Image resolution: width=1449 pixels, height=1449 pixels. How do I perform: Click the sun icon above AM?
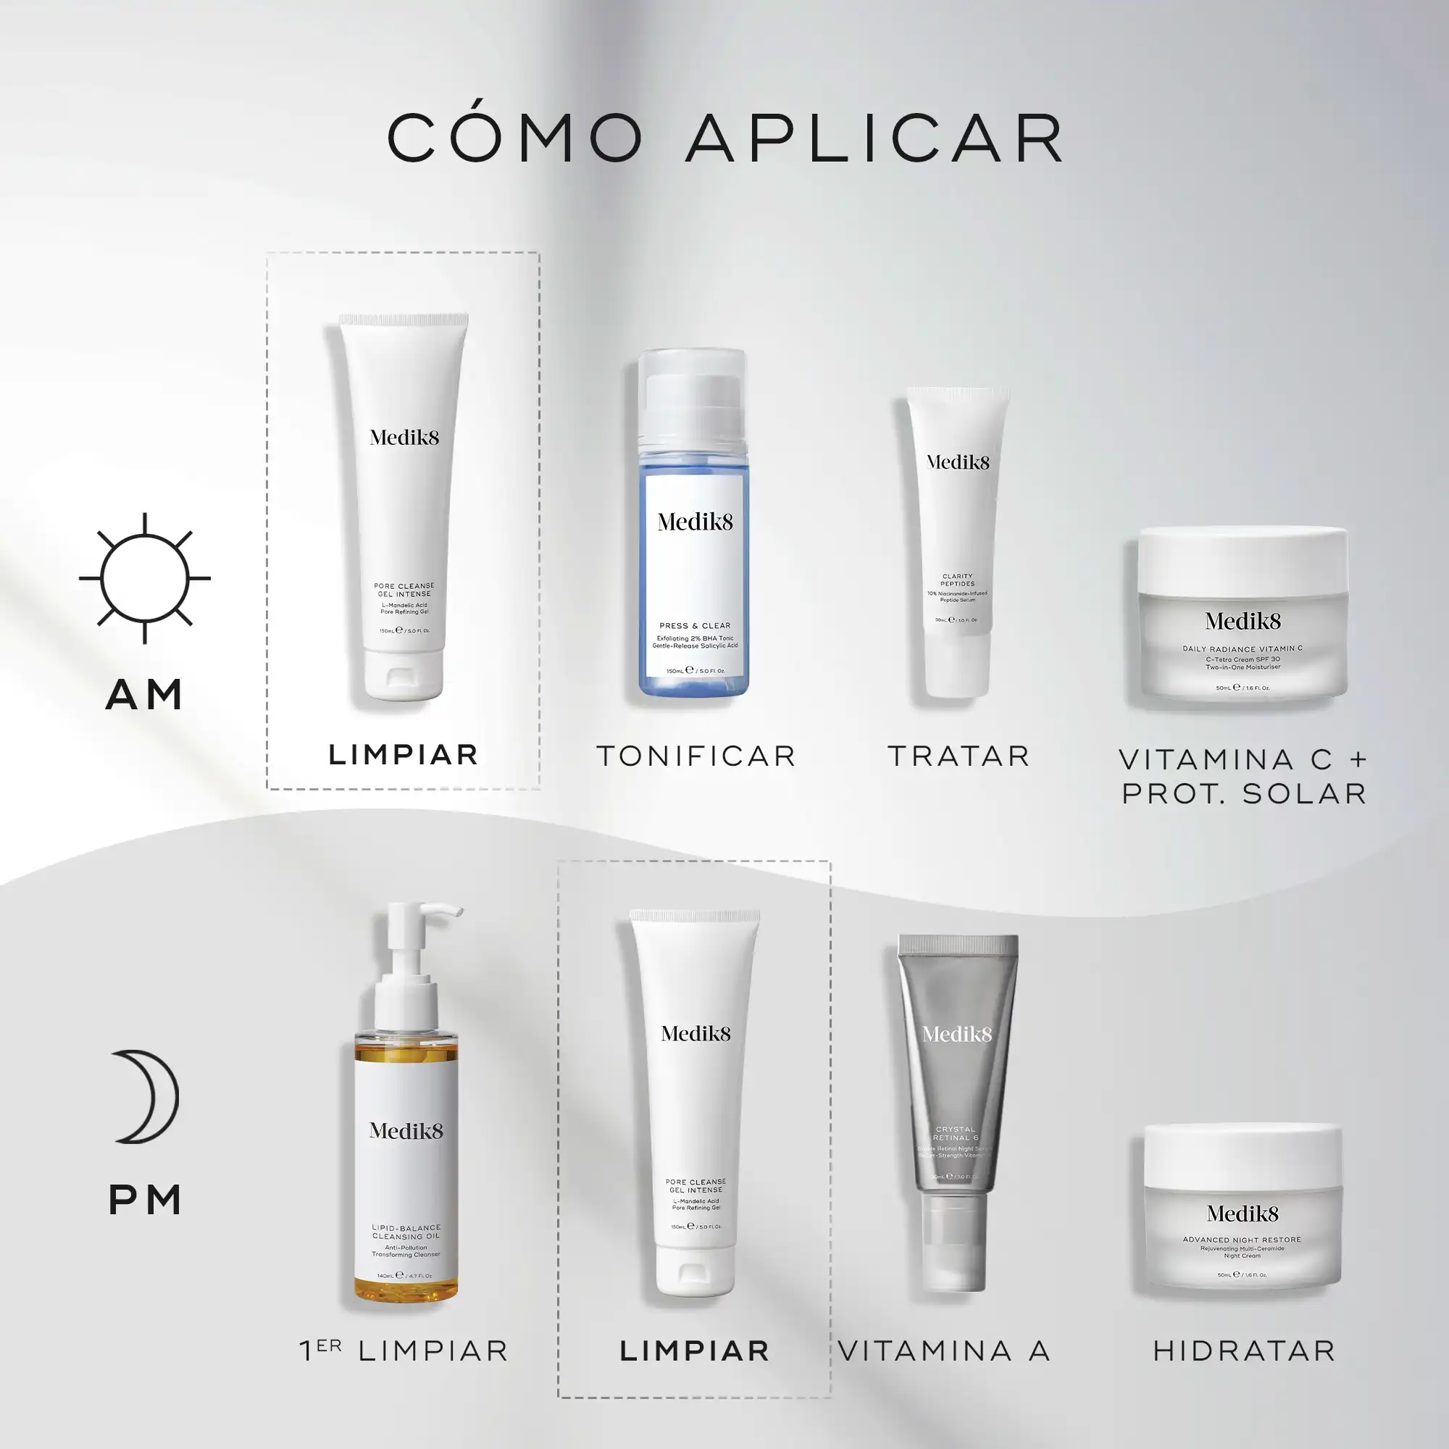[145, 578]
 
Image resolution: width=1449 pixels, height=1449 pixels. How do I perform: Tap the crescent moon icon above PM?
[149, 1095]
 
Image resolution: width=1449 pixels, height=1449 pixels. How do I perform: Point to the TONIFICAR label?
[696, 756]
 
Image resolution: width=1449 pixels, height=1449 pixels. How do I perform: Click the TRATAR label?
[959, 756]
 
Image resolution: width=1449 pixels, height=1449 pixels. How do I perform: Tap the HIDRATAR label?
[1244, 1350]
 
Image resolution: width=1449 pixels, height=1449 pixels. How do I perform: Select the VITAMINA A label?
[944, 1350]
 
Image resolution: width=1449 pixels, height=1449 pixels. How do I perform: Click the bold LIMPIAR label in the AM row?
[404, 754]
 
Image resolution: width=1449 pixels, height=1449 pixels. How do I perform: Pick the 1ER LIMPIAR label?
[404, 1350]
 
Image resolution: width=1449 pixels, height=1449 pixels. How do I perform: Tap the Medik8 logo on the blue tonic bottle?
[695, 522]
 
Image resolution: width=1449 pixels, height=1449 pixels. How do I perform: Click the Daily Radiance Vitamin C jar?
[1243, 615]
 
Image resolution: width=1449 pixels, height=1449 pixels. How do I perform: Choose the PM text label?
[145, 1200]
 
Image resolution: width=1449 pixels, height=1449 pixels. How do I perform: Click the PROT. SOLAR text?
[1244, 793]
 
